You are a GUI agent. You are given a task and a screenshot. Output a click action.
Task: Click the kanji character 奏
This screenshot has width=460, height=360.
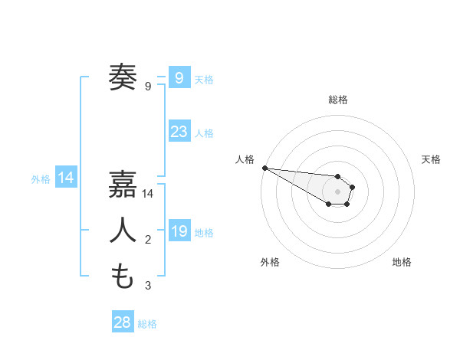click(123, 77)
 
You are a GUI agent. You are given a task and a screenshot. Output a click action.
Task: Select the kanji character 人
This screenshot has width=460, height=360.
click(123, 231)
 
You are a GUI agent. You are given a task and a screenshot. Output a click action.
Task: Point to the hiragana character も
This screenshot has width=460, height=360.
click(123, 276)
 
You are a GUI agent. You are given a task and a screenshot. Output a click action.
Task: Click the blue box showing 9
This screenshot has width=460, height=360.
click(179, 77)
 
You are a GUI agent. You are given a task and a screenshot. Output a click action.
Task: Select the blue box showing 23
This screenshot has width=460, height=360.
click(179, 132)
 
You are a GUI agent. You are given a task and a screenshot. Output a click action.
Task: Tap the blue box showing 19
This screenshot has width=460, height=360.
click(179, 231)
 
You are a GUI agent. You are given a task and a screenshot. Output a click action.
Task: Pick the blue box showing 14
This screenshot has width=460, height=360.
click(66, 178)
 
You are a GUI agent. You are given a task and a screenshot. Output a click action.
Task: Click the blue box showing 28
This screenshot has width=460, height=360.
click(123, 322)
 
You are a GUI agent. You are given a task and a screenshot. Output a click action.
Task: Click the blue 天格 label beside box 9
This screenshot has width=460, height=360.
click(204, 79)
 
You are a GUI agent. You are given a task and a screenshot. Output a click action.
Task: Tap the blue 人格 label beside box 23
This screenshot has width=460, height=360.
click(204, 133)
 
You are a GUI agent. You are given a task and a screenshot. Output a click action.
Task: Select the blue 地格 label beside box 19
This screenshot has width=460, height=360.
click(204, 232)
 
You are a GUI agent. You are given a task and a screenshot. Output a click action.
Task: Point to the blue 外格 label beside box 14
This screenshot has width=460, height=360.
click(41, 179)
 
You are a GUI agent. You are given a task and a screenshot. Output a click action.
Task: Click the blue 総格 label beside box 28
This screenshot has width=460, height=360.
click(147, 324)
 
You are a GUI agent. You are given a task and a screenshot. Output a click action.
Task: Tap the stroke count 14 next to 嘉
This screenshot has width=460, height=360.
click(149, 195)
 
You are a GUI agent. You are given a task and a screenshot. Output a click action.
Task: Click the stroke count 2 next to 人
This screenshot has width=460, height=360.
click(147, 241)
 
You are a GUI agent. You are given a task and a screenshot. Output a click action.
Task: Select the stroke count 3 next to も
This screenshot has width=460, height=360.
click(147, 286)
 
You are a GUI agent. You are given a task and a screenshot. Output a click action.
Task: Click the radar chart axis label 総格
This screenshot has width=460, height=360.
click(337, 100)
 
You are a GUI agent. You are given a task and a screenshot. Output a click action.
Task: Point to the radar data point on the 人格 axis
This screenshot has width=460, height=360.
click(264, 168)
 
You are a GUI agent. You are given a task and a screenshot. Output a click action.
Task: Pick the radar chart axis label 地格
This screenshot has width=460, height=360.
click(402, 262)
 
